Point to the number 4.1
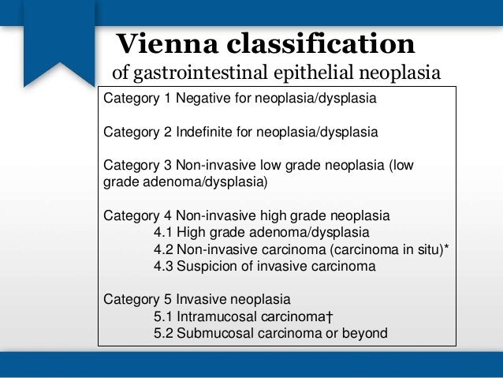tap(163, 233)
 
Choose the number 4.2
tap(163, 250)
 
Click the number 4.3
tap(163, 267)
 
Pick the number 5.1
tap(163, 316)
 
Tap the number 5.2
tap(163, 333)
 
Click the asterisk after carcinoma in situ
tap(447, 249)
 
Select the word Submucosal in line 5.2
tap(213, 333)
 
